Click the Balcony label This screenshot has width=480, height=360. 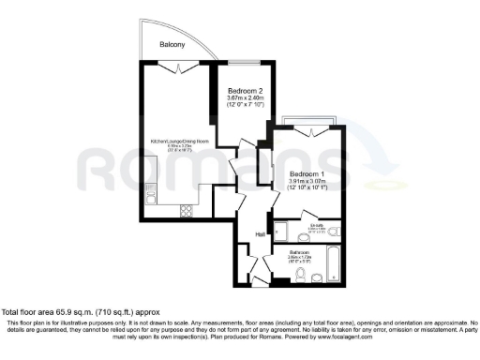click(171, 45)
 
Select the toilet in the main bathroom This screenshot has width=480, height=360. click(318, 278)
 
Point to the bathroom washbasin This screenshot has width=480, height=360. click(283, 277)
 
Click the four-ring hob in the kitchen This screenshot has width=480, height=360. click(185, 209)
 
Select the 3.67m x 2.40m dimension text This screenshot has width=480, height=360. click(246, 98)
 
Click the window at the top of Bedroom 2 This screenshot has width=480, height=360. click(245, 64)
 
